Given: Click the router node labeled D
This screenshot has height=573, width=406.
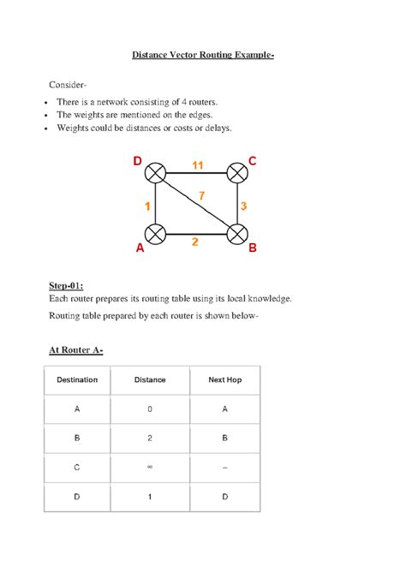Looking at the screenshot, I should tap(155, 173).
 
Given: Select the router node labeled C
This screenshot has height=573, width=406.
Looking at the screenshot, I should tap(237, 173).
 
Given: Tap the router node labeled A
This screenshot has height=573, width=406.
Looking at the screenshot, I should tap(155, 234).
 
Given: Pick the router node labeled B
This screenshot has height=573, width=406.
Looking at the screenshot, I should tap(237, 234).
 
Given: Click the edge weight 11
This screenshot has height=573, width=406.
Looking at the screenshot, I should tap(198, 164).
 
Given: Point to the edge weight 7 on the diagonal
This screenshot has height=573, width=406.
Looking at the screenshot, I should tap(202, 196).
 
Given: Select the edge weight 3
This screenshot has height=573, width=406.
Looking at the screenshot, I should tap(244, 206).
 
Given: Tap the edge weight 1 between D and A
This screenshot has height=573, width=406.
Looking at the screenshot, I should tap(147, 206).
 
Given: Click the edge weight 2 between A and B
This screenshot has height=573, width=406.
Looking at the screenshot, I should tap(195, 242).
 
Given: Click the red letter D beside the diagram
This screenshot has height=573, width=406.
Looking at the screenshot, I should tap(137, 160).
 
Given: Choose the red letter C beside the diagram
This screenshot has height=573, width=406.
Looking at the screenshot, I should tap(252, 160).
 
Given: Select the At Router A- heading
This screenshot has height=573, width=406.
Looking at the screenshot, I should tap(77, 349).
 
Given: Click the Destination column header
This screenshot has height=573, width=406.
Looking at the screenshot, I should tap(77, 379).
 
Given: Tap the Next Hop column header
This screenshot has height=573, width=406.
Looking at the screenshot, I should tap(225, 379).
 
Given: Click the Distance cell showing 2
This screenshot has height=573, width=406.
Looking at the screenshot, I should tap(150, 438).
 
